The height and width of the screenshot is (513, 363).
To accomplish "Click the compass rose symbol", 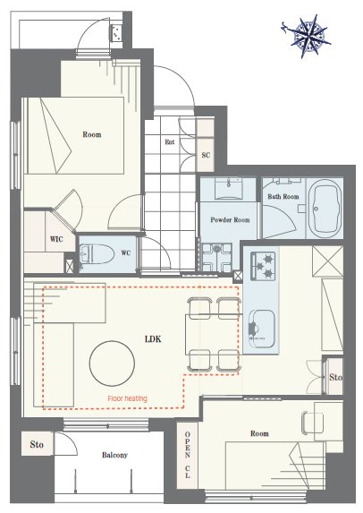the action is coord(307,35).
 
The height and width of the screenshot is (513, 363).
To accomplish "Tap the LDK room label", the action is coord(153,339).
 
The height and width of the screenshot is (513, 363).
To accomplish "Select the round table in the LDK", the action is coord(112,363).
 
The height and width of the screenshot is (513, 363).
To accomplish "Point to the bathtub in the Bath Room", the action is coord(325,208).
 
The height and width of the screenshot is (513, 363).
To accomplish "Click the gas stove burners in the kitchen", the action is coord(263,266).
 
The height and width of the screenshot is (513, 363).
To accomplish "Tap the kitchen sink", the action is coord(261,329).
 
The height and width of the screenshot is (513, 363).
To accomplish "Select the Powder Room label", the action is coord(230,220).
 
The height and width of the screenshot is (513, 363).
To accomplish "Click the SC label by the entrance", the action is coord(206,155).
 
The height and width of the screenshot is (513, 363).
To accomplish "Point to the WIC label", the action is coord(56,239).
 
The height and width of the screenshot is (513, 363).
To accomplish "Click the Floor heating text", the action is coord(128,398).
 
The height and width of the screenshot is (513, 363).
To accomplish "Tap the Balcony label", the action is coord(114,455).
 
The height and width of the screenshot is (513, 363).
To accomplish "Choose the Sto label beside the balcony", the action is coord(37,444).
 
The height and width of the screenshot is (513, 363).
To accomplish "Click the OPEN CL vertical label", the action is coord(187,455).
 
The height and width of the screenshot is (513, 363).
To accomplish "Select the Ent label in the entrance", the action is coord(170,142).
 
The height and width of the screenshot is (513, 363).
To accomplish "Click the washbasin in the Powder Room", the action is coord(228,188).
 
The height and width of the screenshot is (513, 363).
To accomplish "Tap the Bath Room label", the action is coord(283,197).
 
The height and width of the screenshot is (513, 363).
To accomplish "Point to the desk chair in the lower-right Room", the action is coord(312,423).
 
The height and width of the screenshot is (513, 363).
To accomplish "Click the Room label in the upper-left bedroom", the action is coord(92,134).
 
